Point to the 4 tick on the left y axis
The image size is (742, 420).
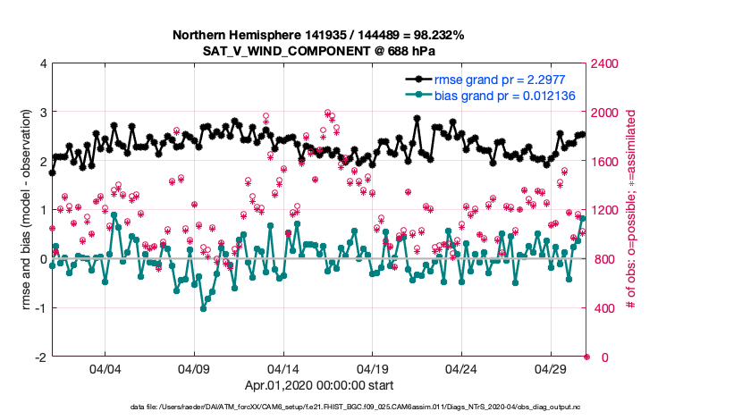click(42, 64)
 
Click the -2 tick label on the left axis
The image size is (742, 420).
click(39, 357)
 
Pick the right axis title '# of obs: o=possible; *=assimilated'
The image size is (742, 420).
click(632, 211)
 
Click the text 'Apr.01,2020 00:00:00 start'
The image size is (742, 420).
click(318, 387)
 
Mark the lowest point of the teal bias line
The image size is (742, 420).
click(203, 308)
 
